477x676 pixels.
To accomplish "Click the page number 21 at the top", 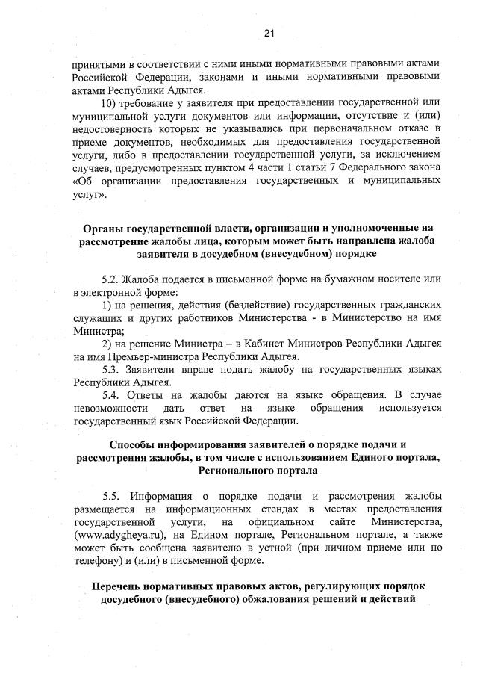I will point(269,32).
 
